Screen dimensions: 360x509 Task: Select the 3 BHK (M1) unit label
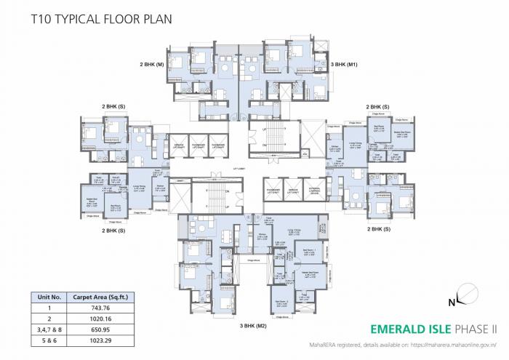coord(344,65)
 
